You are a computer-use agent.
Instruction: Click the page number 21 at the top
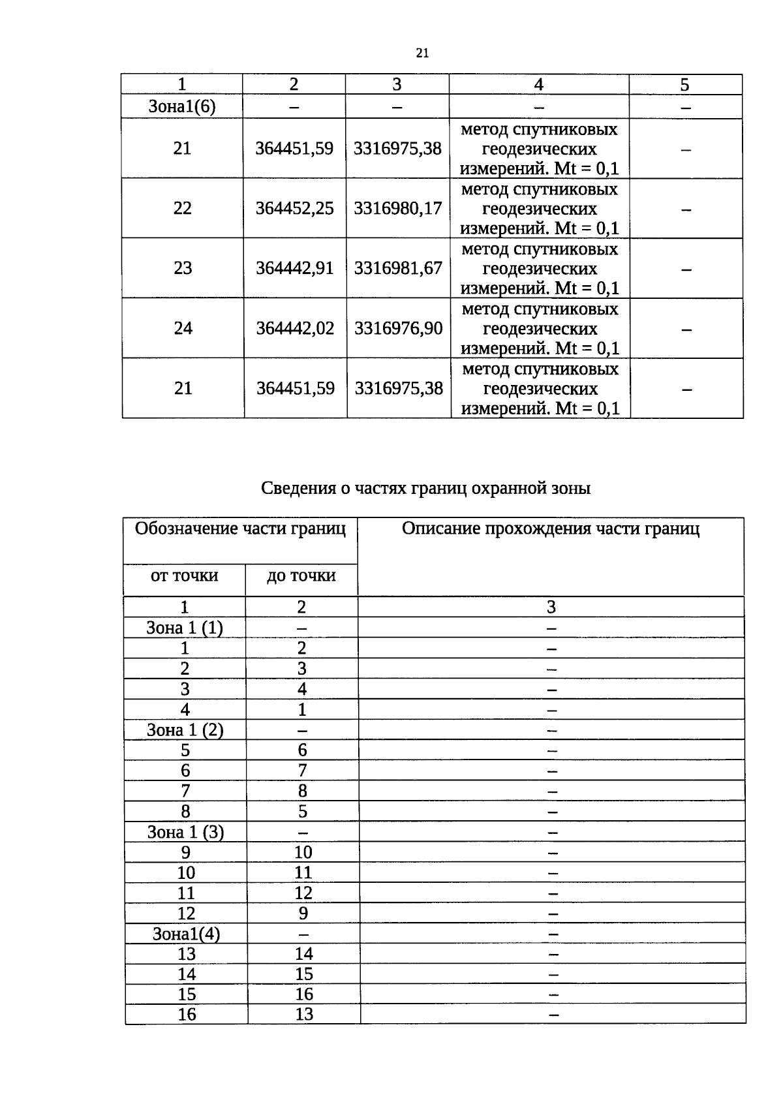422,54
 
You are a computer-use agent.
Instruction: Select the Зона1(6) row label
181,107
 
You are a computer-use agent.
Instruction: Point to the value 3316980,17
397,209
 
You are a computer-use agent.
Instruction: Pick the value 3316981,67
398,268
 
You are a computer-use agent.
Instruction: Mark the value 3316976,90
398,328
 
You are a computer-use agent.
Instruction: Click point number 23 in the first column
183,268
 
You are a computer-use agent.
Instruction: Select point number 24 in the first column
183,328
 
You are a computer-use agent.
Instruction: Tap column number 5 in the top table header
684,85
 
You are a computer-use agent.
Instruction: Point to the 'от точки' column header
184,576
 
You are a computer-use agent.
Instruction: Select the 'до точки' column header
301,576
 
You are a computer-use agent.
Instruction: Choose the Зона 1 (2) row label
185,730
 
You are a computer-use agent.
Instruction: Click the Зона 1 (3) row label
185,832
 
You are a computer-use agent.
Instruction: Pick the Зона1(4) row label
186,934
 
